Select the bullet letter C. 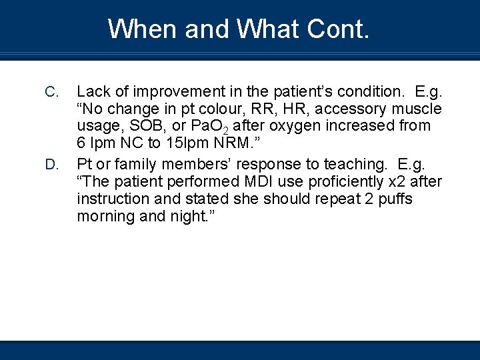coord(52,91)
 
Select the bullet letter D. coord(52,164)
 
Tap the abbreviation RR coord(281,109)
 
